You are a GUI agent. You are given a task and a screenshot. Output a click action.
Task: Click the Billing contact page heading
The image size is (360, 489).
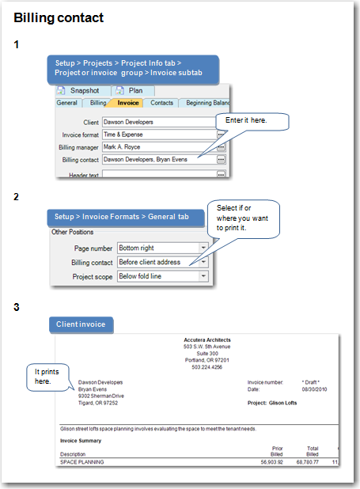pos(59,17)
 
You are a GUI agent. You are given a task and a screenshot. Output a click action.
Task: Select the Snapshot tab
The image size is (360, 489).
pos(83,90)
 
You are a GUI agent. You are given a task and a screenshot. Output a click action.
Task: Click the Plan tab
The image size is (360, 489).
pos(135,90)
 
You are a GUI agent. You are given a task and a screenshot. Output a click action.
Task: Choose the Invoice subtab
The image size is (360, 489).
pos(128,102)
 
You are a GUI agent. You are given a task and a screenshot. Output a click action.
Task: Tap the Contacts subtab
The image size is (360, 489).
pos(161,102)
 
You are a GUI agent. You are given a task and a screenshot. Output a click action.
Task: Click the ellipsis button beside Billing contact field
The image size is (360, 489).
pos(221,159)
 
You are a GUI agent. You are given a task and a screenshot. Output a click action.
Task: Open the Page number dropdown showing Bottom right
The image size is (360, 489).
pos(162,248)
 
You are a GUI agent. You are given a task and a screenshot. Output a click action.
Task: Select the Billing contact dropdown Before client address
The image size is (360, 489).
pos(162,262)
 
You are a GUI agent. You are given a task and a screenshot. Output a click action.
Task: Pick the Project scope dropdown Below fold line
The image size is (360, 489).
pos(162,275)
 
